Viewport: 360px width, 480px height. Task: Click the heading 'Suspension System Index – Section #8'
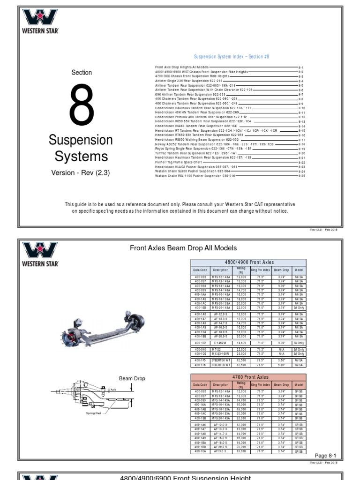click(232, 57)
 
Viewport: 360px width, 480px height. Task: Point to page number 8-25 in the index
click(302, 176)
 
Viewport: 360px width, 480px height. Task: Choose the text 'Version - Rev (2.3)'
click(80, 173)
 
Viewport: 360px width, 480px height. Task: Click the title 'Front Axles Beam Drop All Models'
click(183, 248)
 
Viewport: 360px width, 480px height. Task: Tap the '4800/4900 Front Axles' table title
click(248, 262)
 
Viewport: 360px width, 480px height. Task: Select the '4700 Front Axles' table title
click(248, 377)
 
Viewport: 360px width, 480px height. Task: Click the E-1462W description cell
click(220, 343)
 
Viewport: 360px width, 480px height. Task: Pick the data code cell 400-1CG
click(200, 354)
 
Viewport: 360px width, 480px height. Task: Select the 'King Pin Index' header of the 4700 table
click(261, 384)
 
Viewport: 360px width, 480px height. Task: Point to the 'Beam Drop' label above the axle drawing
click(132, 378)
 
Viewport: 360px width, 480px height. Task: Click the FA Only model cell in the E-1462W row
click(299, 343)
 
